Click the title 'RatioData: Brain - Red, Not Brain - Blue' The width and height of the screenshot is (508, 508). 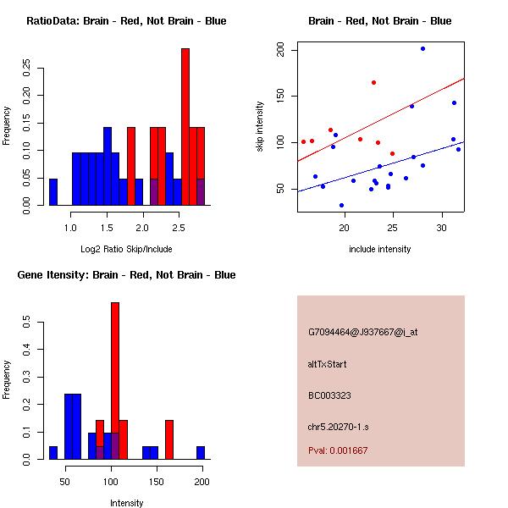click(x=126, y=21)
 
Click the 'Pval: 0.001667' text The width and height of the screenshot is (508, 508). click(x=338, y=450)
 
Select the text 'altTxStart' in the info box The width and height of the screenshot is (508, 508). click(x=328, y=364)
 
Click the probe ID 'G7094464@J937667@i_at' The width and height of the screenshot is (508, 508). click(x=363, y=332)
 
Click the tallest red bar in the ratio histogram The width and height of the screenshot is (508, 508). click(x=185, y=127)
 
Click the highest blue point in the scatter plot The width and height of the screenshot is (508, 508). click(x=422, y=48)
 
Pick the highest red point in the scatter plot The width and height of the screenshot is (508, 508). click(x=373, y=82)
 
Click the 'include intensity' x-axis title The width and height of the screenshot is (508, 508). click(x=379, y=249)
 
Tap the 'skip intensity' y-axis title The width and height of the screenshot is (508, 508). click(x=260, y=127)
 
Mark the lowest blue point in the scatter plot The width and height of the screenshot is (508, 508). click(x=341, y=205)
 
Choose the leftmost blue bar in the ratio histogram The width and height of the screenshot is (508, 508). click(x=53, y=192)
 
